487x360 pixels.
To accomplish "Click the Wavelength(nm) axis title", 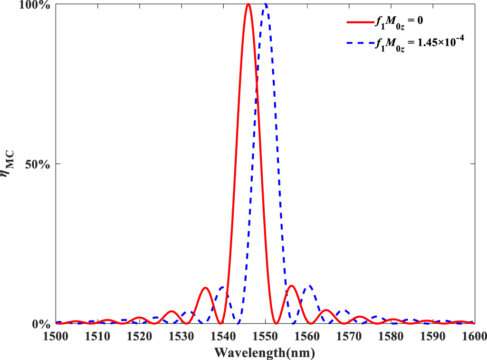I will (x=265, y=352).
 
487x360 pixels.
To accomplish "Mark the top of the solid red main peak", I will (x=248, y=4).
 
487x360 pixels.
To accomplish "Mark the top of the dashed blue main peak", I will (x=266, y=4).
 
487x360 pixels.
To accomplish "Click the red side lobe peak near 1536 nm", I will (x=205, y=288).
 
